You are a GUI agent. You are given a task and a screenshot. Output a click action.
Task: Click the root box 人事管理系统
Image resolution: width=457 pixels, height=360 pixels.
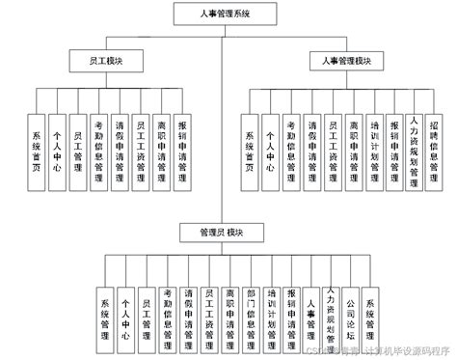(224, 14)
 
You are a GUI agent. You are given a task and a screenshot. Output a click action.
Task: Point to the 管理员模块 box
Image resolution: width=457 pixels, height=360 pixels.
(224, 232)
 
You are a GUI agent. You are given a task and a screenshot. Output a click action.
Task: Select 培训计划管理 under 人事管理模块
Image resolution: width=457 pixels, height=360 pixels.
(375, 146)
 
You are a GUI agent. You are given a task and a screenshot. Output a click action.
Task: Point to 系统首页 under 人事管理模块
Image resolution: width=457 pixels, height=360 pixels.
(249, 146)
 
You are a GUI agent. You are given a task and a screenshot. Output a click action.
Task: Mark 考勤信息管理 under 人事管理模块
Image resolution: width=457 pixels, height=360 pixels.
(291, 146)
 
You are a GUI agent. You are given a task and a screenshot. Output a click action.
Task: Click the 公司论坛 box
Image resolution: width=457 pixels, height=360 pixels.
(352, 315)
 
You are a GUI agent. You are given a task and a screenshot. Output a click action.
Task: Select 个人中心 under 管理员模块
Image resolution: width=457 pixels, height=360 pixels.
(124, 315)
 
